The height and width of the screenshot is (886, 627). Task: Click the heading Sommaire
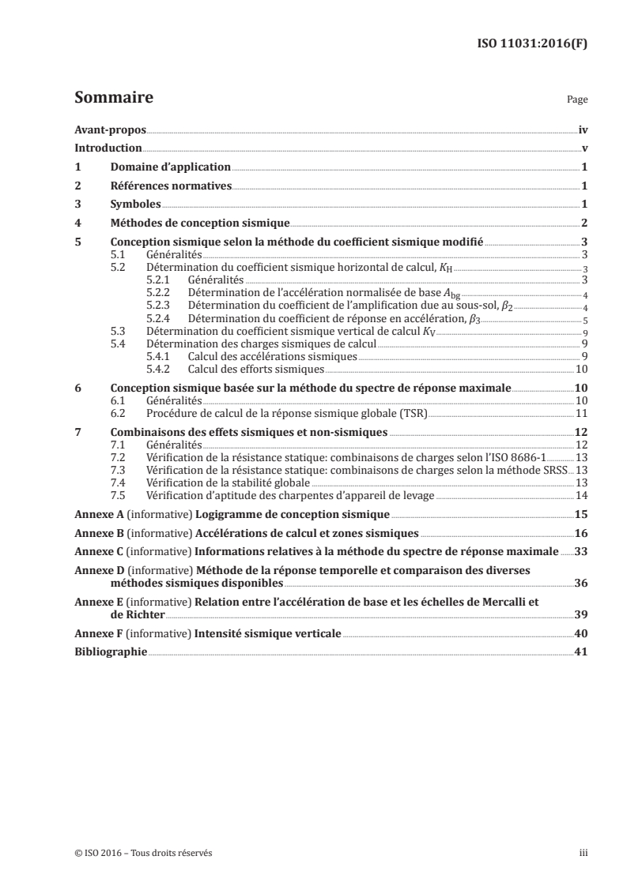[x=113, y=99]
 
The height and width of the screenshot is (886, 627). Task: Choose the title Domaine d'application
[x=170, y=167]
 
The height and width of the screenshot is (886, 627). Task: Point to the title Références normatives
[x=170, y=186]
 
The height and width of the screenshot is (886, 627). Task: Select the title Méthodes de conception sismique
[x=200, y=223]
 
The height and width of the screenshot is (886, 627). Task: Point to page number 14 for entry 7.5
[x=580, y=496]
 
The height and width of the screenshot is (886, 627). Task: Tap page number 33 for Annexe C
[x=580, y=550]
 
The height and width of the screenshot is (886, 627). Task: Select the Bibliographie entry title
[x=110, y=652]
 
